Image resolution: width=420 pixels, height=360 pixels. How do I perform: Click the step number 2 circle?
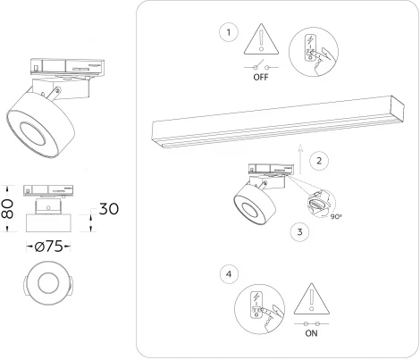tap(316, 162)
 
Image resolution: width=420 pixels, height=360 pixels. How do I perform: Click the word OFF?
tap(263, 77)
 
